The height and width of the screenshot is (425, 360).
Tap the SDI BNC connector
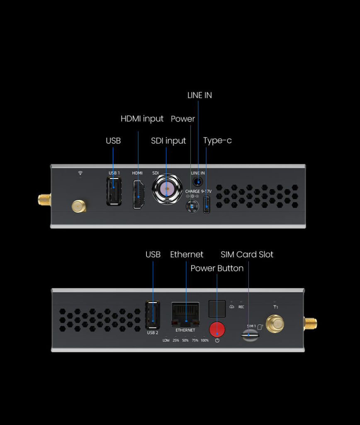coord(167,189)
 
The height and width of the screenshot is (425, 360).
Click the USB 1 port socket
coord(114,191)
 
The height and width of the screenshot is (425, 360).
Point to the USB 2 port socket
coord(152,315)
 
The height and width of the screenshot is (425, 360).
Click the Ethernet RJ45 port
coord(185,315)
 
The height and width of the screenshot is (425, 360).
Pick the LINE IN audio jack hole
coord(198,181)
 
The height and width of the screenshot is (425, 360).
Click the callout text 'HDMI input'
coord(142,119)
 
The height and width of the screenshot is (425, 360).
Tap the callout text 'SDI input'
coord(168,141)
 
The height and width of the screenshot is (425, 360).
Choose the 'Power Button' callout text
coord(217,268)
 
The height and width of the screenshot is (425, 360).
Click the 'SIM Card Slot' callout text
coord(247,254)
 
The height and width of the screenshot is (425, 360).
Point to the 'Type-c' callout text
coord(217,140)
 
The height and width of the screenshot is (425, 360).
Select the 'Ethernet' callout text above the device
coord(187,254)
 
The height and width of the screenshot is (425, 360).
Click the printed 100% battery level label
coord(204,340)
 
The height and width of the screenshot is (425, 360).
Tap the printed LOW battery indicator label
coord(166,340)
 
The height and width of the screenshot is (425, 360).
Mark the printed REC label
coord(241,307)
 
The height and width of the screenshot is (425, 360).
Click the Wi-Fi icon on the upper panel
coord(80,173)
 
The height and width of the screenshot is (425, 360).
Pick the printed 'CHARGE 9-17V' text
coord(198,191)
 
